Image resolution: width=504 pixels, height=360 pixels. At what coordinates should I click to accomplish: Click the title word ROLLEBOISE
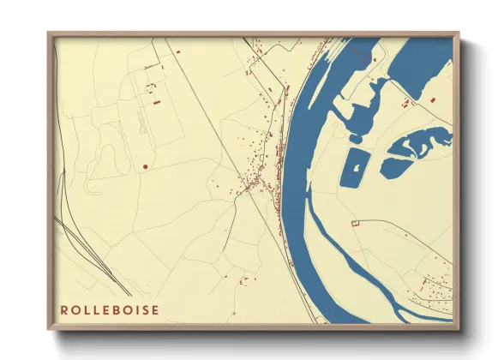click(110, 310)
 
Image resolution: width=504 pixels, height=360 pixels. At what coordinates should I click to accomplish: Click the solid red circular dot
click(146, 166)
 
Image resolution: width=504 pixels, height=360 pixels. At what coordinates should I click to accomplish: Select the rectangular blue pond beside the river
click(352, 168)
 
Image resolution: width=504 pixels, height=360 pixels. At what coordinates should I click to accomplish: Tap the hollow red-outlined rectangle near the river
click(354, 223)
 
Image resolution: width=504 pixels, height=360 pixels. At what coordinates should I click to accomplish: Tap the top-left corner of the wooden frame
click(50, 34)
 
